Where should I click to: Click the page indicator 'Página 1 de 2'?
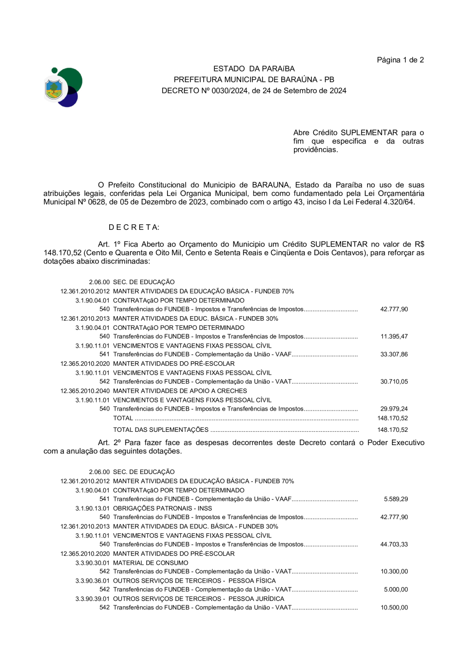click(x=400, y=60)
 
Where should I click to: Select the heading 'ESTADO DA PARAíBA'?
click(x=253, y=69)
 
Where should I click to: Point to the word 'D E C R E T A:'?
click(x=134, y=227)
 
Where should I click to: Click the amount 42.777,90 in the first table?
click(x=394, y=309)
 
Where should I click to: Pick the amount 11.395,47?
click(x=394, y=336)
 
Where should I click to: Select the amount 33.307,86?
click(x=394, y=355)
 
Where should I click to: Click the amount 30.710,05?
click(x=394, y=382)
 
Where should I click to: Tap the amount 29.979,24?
click(x=394, y=409)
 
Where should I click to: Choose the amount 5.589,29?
click(x=396, y=499)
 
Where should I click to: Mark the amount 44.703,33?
click(x=394, y=545)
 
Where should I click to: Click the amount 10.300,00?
click(x=394, y=571)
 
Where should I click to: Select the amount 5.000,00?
click(x=396, y=590)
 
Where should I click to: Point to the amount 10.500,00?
click(x=394, y=608)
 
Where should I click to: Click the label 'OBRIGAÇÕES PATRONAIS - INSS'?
click(x=162, y=508)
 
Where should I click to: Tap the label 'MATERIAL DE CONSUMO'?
click(x=150, y=563)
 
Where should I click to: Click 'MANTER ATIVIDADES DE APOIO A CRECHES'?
click(x=180, y=391)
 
